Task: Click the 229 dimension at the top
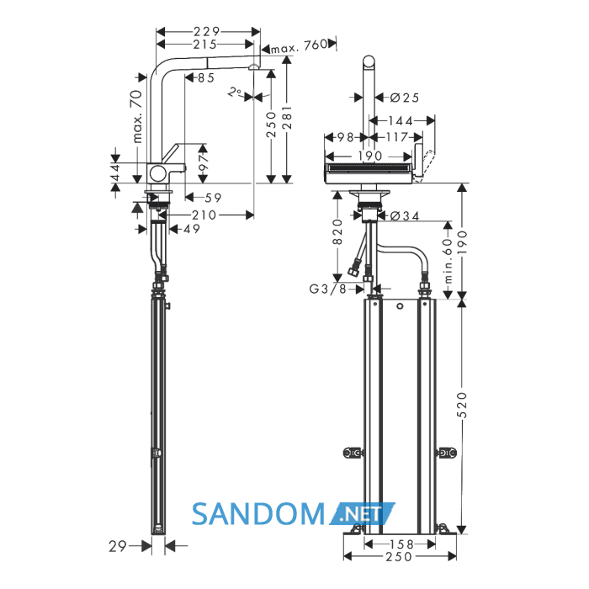pyautogui.click(x=207, y=31)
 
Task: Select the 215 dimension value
pyautogui.click(x=205, y=45)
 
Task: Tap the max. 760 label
pyautogui.click(x=300, y=45)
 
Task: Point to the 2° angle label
pyautogui.click(x=235, y=92)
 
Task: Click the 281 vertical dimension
pyautogui.click(x=288, y=118)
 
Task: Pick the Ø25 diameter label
pyautogui.click(x=405, y=98)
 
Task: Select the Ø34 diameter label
pyautogui.click(x=405, y=215)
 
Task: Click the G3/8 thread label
pyautogui.click(x=328, y=289)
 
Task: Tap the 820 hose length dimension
pyautogui.click(x=337, y=231)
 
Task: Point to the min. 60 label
pyautogui.click(x=448, y=261)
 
